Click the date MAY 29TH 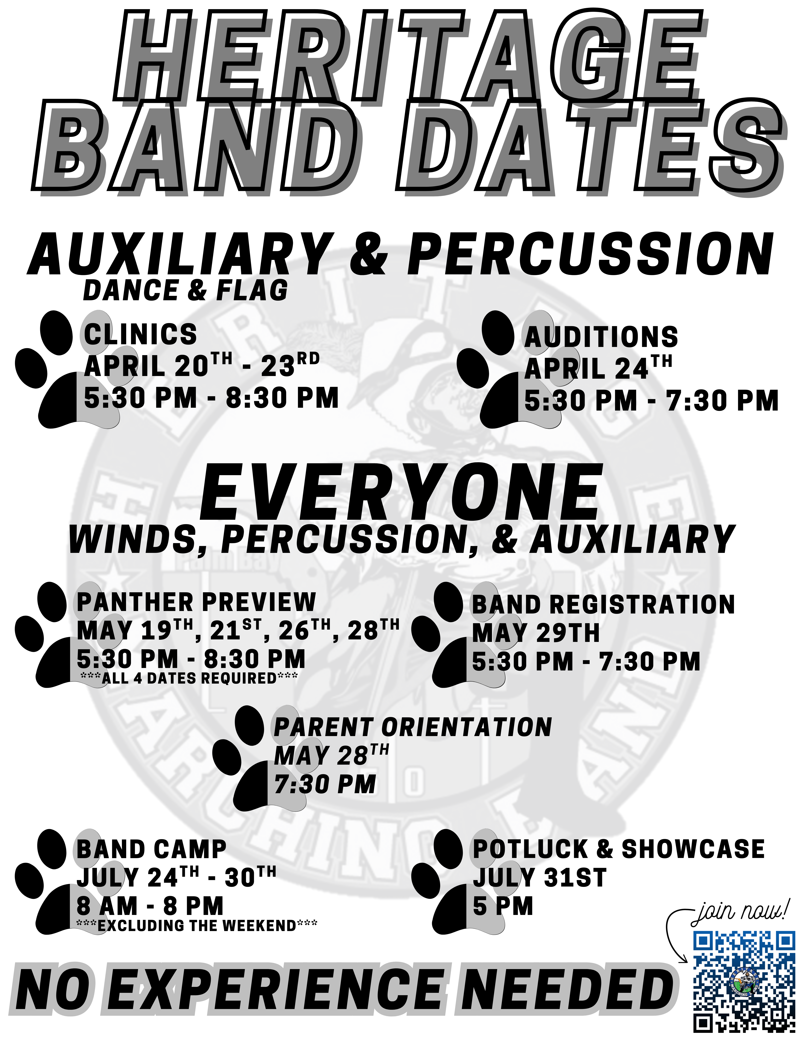pyautogui.click(x=536, y=633)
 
